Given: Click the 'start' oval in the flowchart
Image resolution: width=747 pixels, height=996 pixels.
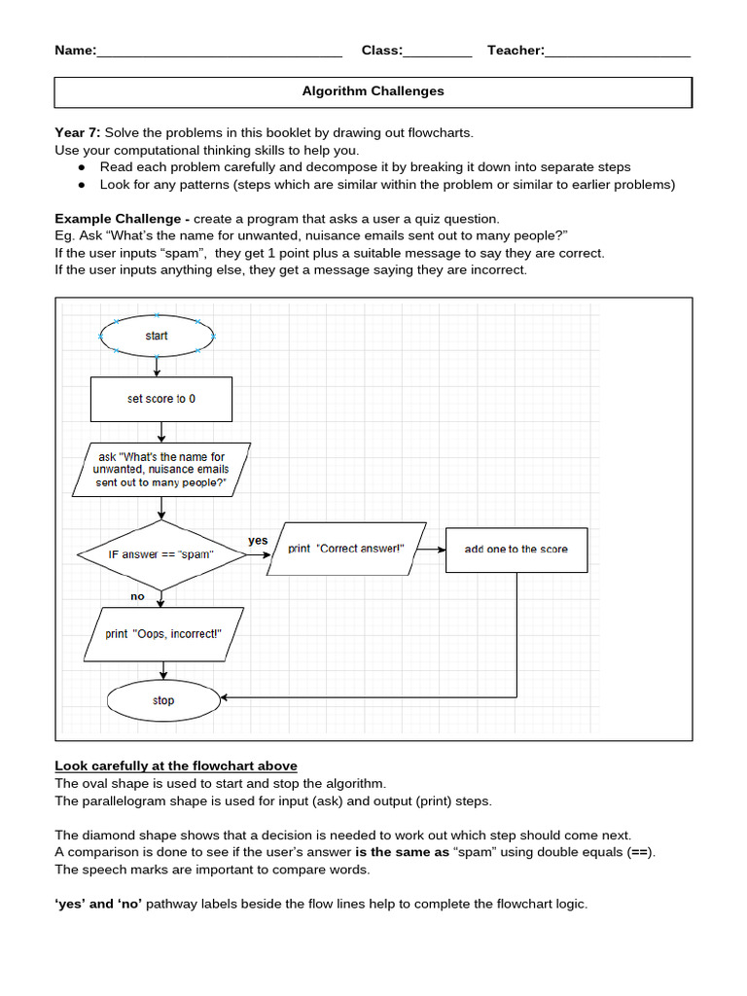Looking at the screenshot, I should point(157,336).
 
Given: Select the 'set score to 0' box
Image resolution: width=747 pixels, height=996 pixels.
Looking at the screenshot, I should point(161,399).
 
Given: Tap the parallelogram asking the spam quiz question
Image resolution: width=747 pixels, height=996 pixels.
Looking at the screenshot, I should point(161,469).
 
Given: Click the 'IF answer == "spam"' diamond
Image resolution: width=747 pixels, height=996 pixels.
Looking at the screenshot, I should point(161,553).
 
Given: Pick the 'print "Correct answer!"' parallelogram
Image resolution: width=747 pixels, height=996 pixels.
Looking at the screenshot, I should point(345,549).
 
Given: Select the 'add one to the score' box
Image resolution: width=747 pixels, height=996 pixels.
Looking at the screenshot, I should point(516,549).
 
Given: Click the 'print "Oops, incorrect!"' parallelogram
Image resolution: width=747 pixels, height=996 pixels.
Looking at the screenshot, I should point(163,633).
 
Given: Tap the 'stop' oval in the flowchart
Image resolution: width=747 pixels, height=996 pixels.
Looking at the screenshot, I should point(163,700).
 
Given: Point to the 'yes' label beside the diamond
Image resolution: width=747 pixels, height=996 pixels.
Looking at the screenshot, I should point(258,540).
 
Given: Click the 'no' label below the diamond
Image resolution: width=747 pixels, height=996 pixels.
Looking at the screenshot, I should point(137,596).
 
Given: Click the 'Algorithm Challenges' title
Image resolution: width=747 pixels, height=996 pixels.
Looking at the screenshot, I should point(373,91).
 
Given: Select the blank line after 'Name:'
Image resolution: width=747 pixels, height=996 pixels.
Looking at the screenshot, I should point(219,52).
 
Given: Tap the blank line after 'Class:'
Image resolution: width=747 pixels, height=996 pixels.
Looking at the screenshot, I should point(437,52).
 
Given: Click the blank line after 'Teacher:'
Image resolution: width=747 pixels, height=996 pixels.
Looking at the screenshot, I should point(618,52).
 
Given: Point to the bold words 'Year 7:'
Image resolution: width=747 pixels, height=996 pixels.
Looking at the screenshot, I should point(78,132).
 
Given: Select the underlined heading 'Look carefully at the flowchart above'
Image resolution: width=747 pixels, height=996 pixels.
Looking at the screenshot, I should point(176,765).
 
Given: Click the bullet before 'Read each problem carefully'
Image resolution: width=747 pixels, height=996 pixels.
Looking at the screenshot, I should point(82,167).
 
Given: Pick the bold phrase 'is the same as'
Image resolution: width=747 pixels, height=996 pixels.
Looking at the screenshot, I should point(402,852).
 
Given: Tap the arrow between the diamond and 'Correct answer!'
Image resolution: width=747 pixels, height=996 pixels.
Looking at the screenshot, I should point(257,554).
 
